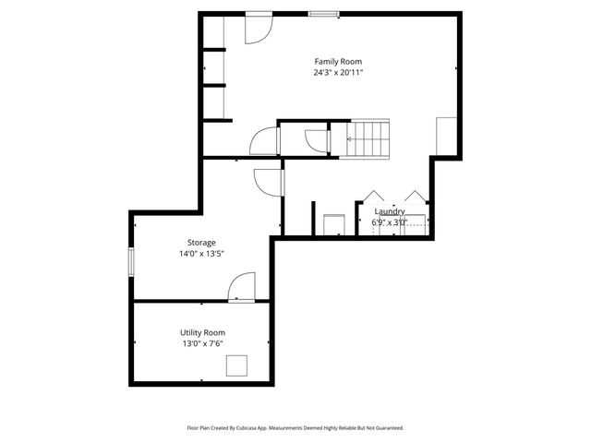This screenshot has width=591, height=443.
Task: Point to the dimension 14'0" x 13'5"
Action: pyautogui.click(x=201, y=254)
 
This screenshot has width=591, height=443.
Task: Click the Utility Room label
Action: pyautogui.click(x=202, y=332)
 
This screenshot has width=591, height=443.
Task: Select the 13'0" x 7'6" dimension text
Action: pyautogui.click(x=202, y=343)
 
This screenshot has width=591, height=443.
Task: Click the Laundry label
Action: pyautogui.click(x=389, y=211)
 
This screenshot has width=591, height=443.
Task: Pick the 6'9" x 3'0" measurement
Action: pyautogui.click(x=389, y=222)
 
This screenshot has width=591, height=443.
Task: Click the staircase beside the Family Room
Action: pyautogui.click(x=368, y=138)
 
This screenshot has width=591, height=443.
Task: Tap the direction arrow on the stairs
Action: pyautogui.click(x=351, y=138)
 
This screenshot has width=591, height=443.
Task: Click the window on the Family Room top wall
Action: pyautogui.click(x=323, y=14)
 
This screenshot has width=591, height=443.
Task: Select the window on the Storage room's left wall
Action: pyautogui.click(x=131, y=260)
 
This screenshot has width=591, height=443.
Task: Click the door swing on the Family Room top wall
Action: pyautogui.click(x=257, y=30)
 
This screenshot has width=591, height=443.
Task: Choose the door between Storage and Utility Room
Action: pyautogui.click(x=241, y=287)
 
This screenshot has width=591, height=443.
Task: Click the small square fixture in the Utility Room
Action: pyautogui.click(x=237, y=366)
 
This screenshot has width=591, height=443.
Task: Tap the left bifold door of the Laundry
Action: pyautogui.click(x=373, y=200)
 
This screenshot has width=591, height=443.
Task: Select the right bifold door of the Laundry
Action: pyautogui.click(x=415, y=200)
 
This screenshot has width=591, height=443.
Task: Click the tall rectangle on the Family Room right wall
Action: pyautogui.click(x=447, y=137)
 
